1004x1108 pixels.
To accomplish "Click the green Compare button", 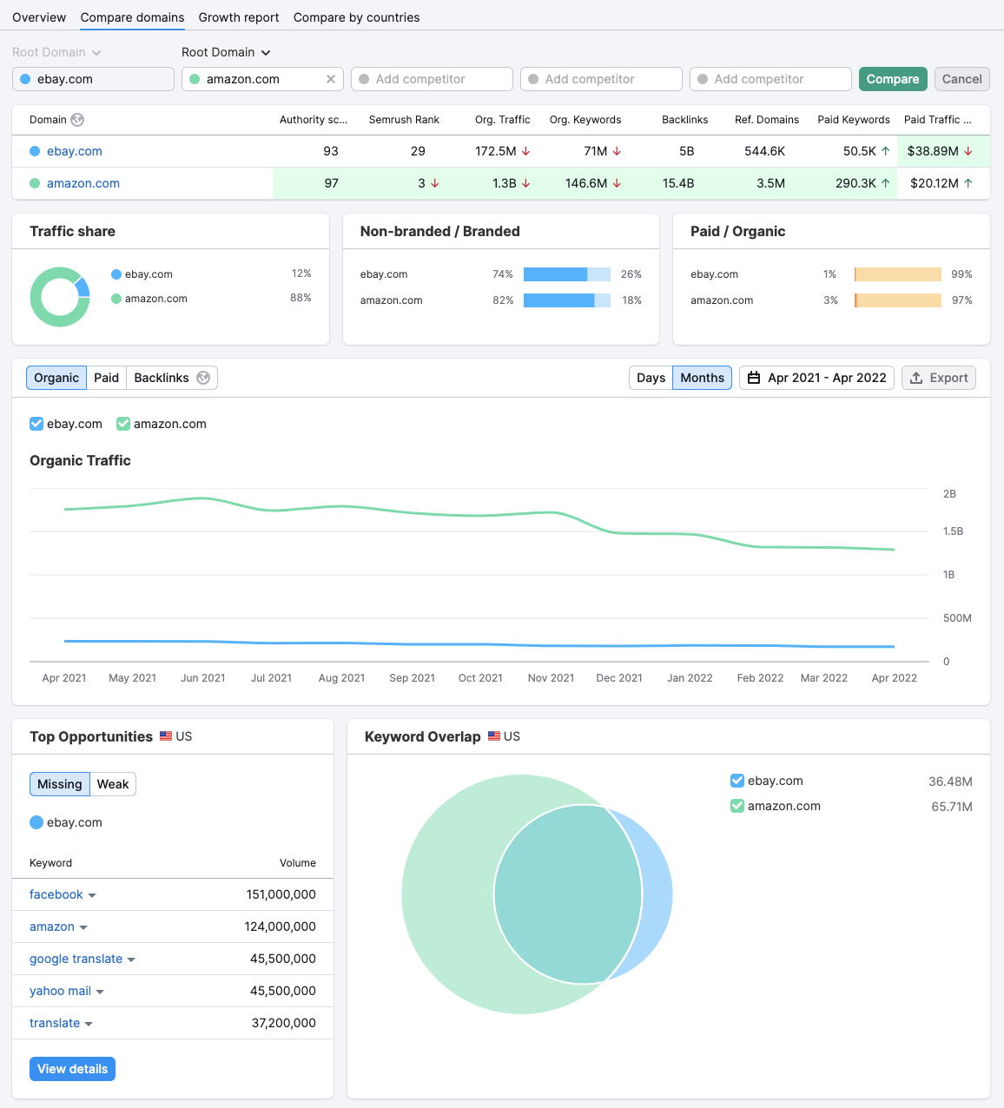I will [x=892, y=79].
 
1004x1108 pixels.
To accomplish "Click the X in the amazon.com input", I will [x=331, y=79].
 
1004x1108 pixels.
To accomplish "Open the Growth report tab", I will [x=239, y=17].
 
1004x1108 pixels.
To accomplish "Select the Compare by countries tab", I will [x=356, y=17].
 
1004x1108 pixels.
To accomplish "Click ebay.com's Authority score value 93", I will [x=331, y=151].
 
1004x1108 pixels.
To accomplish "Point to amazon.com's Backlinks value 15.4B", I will [x=678, y=183].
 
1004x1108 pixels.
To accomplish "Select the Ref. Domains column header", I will [x=766, y=120].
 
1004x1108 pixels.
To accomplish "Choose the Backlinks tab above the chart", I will [x=162, y=378].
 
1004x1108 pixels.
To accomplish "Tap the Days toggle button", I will [x=651, y=378].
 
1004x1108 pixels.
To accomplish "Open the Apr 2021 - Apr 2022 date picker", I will [x=816, y=378].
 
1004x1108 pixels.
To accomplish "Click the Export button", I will [x=939, y=378].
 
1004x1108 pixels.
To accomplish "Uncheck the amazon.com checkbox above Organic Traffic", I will [x=123, y=424].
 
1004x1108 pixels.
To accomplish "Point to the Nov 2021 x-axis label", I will [x=551, y=678].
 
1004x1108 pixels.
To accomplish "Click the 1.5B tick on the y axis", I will [x=953, y=531].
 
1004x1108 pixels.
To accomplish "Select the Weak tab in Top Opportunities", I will [x=113, y=784].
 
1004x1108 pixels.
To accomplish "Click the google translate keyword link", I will [x=76, y=959].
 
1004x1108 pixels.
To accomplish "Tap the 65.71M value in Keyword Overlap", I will [x=951, y=807].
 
